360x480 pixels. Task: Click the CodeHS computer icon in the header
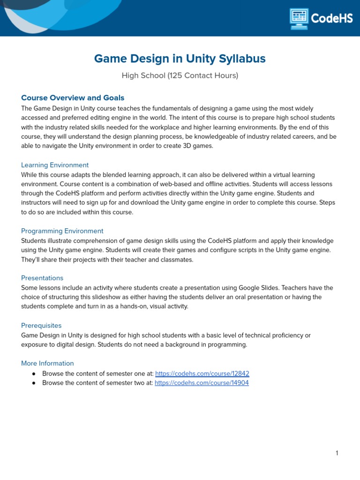point(299,19)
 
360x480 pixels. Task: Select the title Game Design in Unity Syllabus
point(180,59)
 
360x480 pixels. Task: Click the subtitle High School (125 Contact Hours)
point(180,75)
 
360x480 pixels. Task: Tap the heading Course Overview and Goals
point(73,98)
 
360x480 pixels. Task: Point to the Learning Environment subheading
point(55,165)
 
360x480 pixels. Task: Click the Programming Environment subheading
point(62,231)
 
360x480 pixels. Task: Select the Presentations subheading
point(42,278)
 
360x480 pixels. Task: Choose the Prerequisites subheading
point(41,325)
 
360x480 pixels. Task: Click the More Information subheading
point(47,363)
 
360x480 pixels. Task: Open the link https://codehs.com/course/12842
point(202,374)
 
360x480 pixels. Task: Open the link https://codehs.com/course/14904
point(202,383)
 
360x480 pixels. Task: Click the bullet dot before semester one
point(34,374)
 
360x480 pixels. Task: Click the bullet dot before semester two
point(34,383)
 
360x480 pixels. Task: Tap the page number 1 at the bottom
point(337,453)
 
